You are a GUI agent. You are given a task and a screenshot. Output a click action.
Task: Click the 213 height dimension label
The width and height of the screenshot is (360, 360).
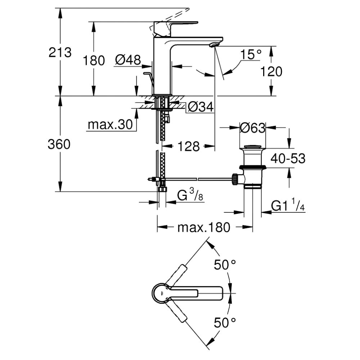(x=60, y=52)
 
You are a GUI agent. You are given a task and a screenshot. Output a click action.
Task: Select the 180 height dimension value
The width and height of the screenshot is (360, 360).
(x=94, y=60)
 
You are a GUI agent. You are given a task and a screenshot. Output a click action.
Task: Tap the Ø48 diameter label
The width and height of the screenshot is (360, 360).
(x=128, y=60)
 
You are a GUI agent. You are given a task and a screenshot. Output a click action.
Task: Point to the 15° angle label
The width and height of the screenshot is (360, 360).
(x=251, y=55)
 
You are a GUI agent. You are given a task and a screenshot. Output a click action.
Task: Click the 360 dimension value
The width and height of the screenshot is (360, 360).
(x=59, y=144)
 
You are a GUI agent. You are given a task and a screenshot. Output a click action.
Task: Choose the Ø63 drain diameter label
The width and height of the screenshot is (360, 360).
(x=252, y=128)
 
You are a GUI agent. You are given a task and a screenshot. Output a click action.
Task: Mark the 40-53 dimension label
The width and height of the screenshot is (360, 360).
(x=288, y=158)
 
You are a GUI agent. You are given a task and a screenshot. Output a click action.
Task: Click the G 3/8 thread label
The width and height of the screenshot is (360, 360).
(x=189, y=196)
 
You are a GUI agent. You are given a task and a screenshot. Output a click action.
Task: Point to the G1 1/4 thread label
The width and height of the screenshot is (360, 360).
(x=288, y=206)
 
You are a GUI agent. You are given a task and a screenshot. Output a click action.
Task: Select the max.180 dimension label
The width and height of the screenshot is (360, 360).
(x=203, y=228)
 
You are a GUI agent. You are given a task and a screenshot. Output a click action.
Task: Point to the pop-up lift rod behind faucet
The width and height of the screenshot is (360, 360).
(x=150, y=81)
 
